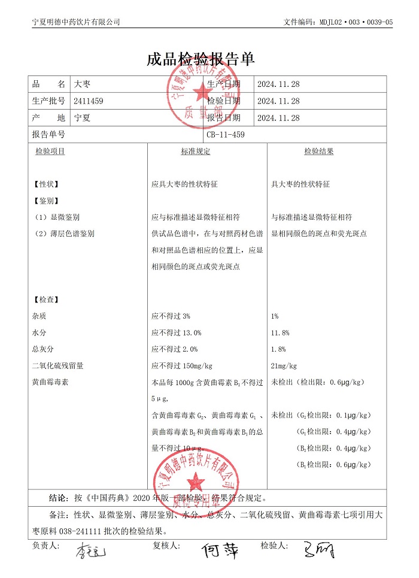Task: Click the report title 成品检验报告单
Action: pos(201,59)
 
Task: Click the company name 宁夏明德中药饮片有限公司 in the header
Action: pos(76,22)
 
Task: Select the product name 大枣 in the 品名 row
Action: pos(81,84)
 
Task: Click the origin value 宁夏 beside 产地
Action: pos(82,118)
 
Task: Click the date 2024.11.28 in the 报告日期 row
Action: pos(278,118)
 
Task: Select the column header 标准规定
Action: pos(196,152)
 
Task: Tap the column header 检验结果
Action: pos(319,152)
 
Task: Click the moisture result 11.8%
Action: pos(280,332)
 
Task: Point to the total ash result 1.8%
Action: pos(278,349)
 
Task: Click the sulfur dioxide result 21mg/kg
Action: pos(284,365)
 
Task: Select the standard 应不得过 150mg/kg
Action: pos(183,365)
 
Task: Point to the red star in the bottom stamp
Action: pos(194,479)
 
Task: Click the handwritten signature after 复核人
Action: pos(220,550)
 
